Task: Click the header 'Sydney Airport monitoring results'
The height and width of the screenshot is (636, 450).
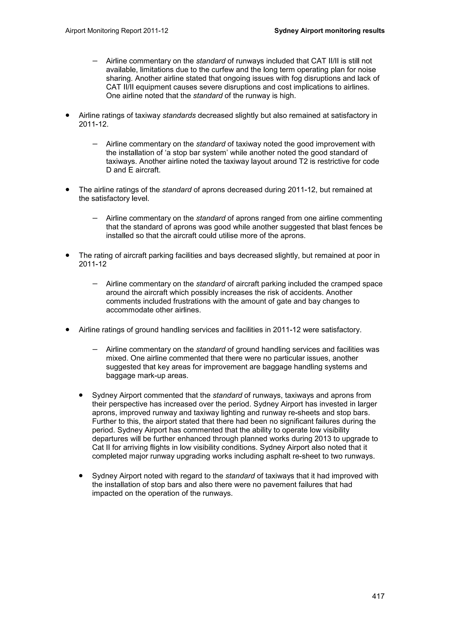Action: [329, 31]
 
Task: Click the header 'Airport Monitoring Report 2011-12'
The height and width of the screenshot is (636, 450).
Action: [117, 31]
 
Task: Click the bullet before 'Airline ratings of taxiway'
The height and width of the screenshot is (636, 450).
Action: [67, 115]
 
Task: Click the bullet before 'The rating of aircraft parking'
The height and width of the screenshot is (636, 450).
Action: [67, 255]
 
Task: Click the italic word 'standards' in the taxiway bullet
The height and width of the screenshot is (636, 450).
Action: [179, 115]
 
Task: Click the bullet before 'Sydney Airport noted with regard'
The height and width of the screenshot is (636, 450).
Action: [81, 476]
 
